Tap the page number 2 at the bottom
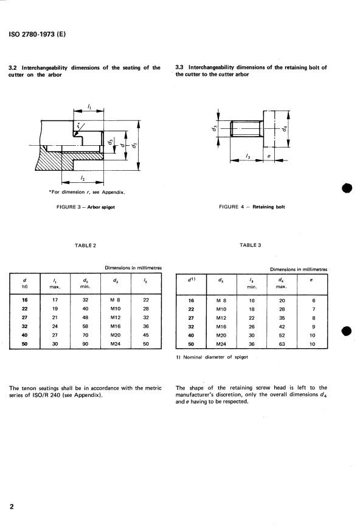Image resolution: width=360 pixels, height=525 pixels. click(12, 506)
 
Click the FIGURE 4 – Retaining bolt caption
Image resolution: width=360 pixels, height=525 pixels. click(252, 207)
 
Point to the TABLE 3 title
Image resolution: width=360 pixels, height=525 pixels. click(250, 245)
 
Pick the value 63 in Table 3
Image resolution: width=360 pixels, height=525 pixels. click(282, 343)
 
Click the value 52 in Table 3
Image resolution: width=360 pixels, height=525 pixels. click(282, 335)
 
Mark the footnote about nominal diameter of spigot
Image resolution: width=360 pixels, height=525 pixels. click(212, 357)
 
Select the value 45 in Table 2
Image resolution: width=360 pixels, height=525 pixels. click(146, 335)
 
